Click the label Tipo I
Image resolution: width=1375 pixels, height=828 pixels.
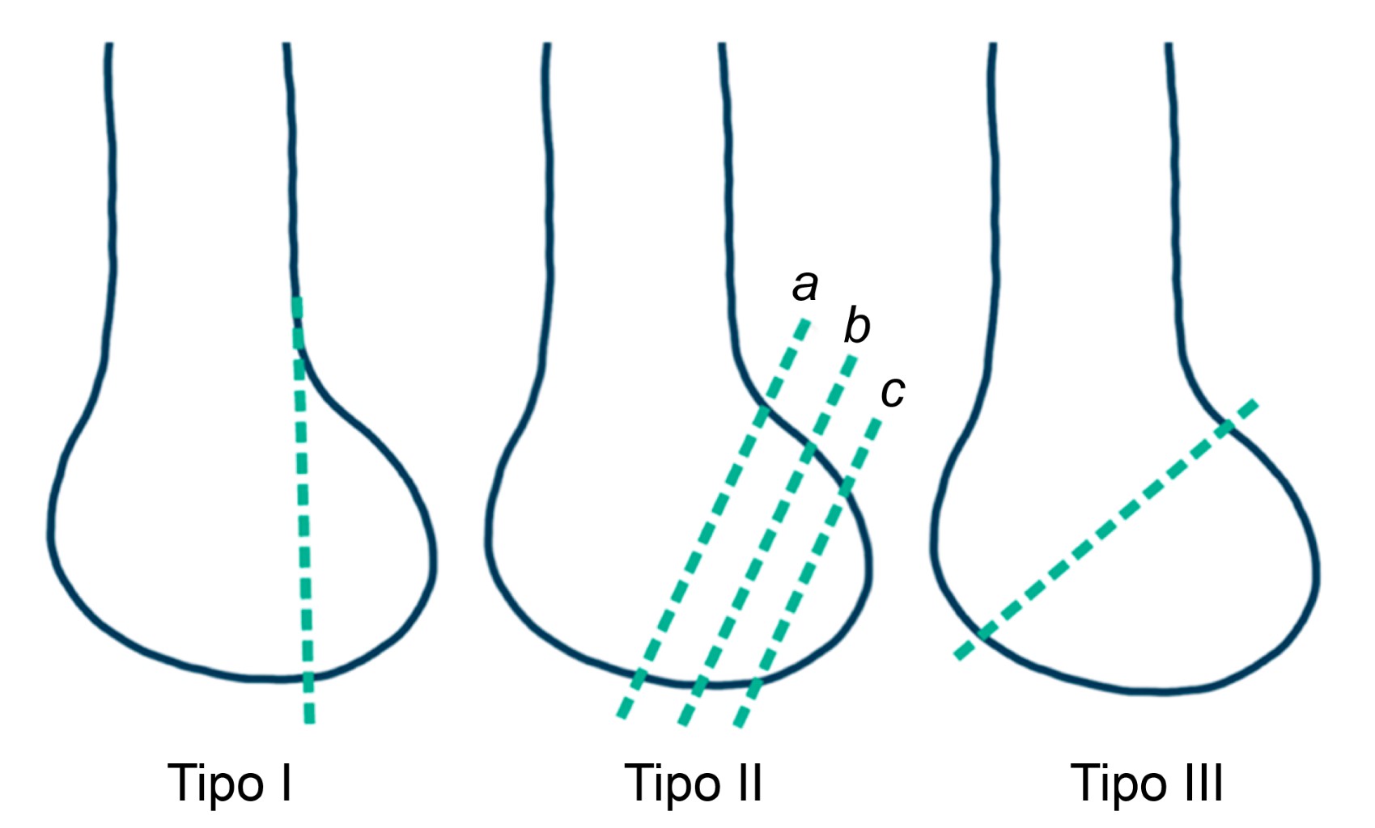pyautogui.click(x=230, y=783)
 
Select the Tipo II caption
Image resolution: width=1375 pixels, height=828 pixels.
pyautogui.click(x=694, y=783)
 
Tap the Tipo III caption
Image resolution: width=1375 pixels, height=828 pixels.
pyautogui.click(x=1147, y=783)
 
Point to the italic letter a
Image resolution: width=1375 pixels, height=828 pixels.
pyautogui.click(x=804, y=285)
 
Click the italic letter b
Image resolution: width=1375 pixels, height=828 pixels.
pyautogui.click(x=856, y=326)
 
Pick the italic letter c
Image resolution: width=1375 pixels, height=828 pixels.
pyautogui.click(x=892, y=392)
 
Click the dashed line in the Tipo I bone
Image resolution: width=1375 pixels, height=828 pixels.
pyautogui.click(x=303, y=501)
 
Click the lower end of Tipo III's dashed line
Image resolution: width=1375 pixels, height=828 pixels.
pyautogui.click(x=958, y=656)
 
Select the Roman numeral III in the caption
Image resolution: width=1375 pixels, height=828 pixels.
pyautogui.click(x=1203, y=783)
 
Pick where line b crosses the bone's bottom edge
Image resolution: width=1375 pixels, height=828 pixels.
pyautogui.click(x=699, y=686)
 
